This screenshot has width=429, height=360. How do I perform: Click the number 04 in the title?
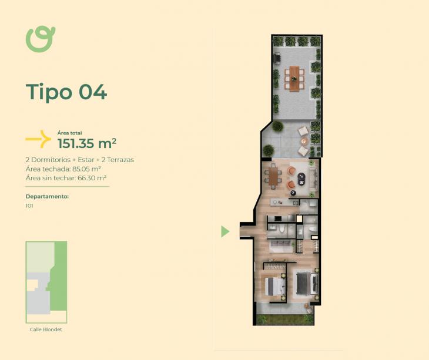coord(93,92)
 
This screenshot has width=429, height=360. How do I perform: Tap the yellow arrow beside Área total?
coord(38,139)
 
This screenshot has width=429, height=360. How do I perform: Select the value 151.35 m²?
coord(87,143)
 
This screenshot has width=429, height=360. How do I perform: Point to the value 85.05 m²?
coord(86,169)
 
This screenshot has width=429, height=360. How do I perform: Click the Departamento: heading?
coord(47,197)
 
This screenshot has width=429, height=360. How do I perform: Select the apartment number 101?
coord(29,206)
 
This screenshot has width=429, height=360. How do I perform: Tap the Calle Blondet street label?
coord(46,329)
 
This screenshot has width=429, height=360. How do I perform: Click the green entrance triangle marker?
coord(225,231)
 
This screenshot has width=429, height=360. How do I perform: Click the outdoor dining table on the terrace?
coord(294,79)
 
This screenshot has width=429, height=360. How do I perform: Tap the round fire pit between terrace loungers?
coord(304,141)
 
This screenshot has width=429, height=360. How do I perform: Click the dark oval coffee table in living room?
coord(301,179)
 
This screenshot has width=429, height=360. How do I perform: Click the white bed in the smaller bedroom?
coord(275,287)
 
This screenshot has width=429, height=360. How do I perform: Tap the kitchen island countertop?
coord(284,203)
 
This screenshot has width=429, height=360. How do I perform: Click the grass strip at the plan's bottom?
coord(285,319)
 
